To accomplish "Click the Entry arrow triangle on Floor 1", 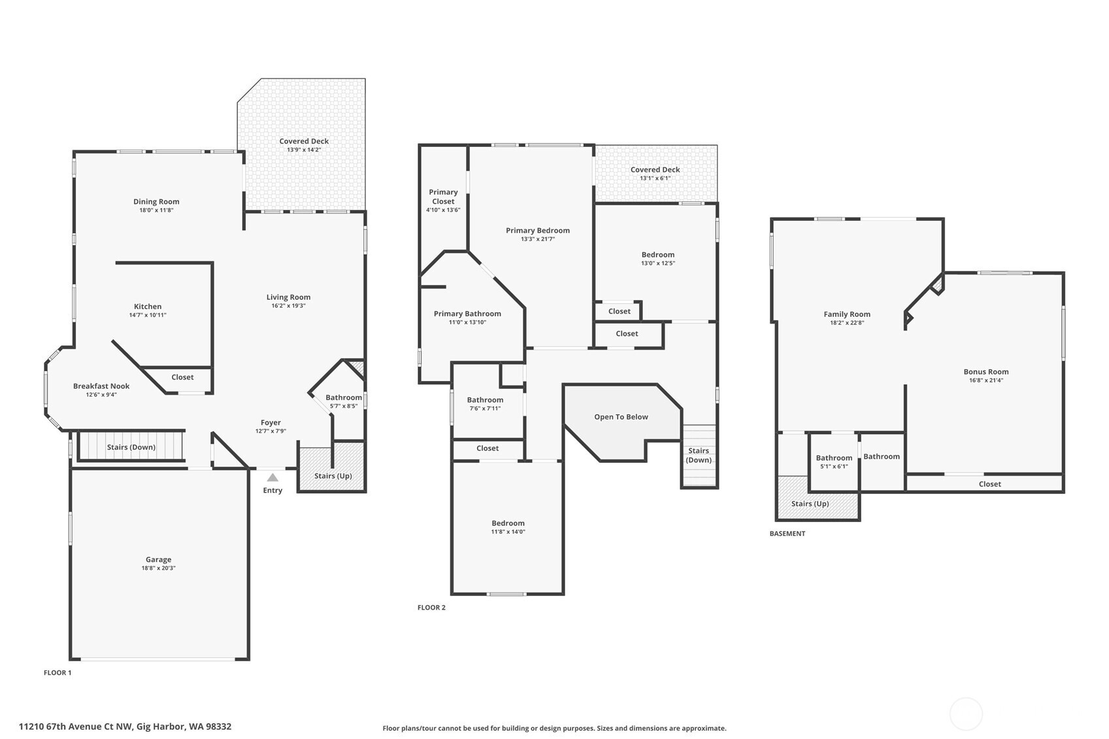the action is click(x=273, y=477).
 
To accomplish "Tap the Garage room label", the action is click(x=158, y=559).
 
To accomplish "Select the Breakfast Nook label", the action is click(x=101, y=386).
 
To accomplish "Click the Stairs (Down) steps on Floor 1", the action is click(x=131, y=446).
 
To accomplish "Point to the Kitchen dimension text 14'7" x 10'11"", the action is click(x=148, y=315).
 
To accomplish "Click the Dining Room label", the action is click(x=156, y=201).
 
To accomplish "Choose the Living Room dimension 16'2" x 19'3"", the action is click(x=289, y=305).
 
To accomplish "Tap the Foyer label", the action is click(x=271, y=422).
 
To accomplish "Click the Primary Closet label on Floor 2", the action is click(x=443, y=197).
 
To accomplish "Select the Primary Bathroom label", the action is click(x=467, y=314).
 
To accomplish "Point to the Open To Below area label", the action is click(x=621, y=417).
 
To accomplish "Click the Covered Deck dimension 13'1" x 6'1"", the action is click(x=655, y=178).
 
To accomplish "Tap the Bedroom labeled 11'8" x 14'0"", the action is click(x=508, y=523).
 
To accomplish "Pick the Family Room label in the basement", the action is click(x=847, y=314).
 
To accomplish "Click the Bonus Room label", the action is click(x=986, y=372).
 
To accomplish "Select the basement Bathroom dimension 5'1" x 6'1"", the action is click(x=835, y=467).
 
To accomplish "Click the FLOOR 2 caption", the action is click(x=432, y=607).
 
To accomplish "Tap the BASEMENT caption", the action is click(x=787, y=534).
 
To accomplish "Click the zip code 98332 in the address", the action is click(x=219, y=727).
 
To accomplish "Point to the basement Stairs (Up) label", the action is click(x=810, y=503).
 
